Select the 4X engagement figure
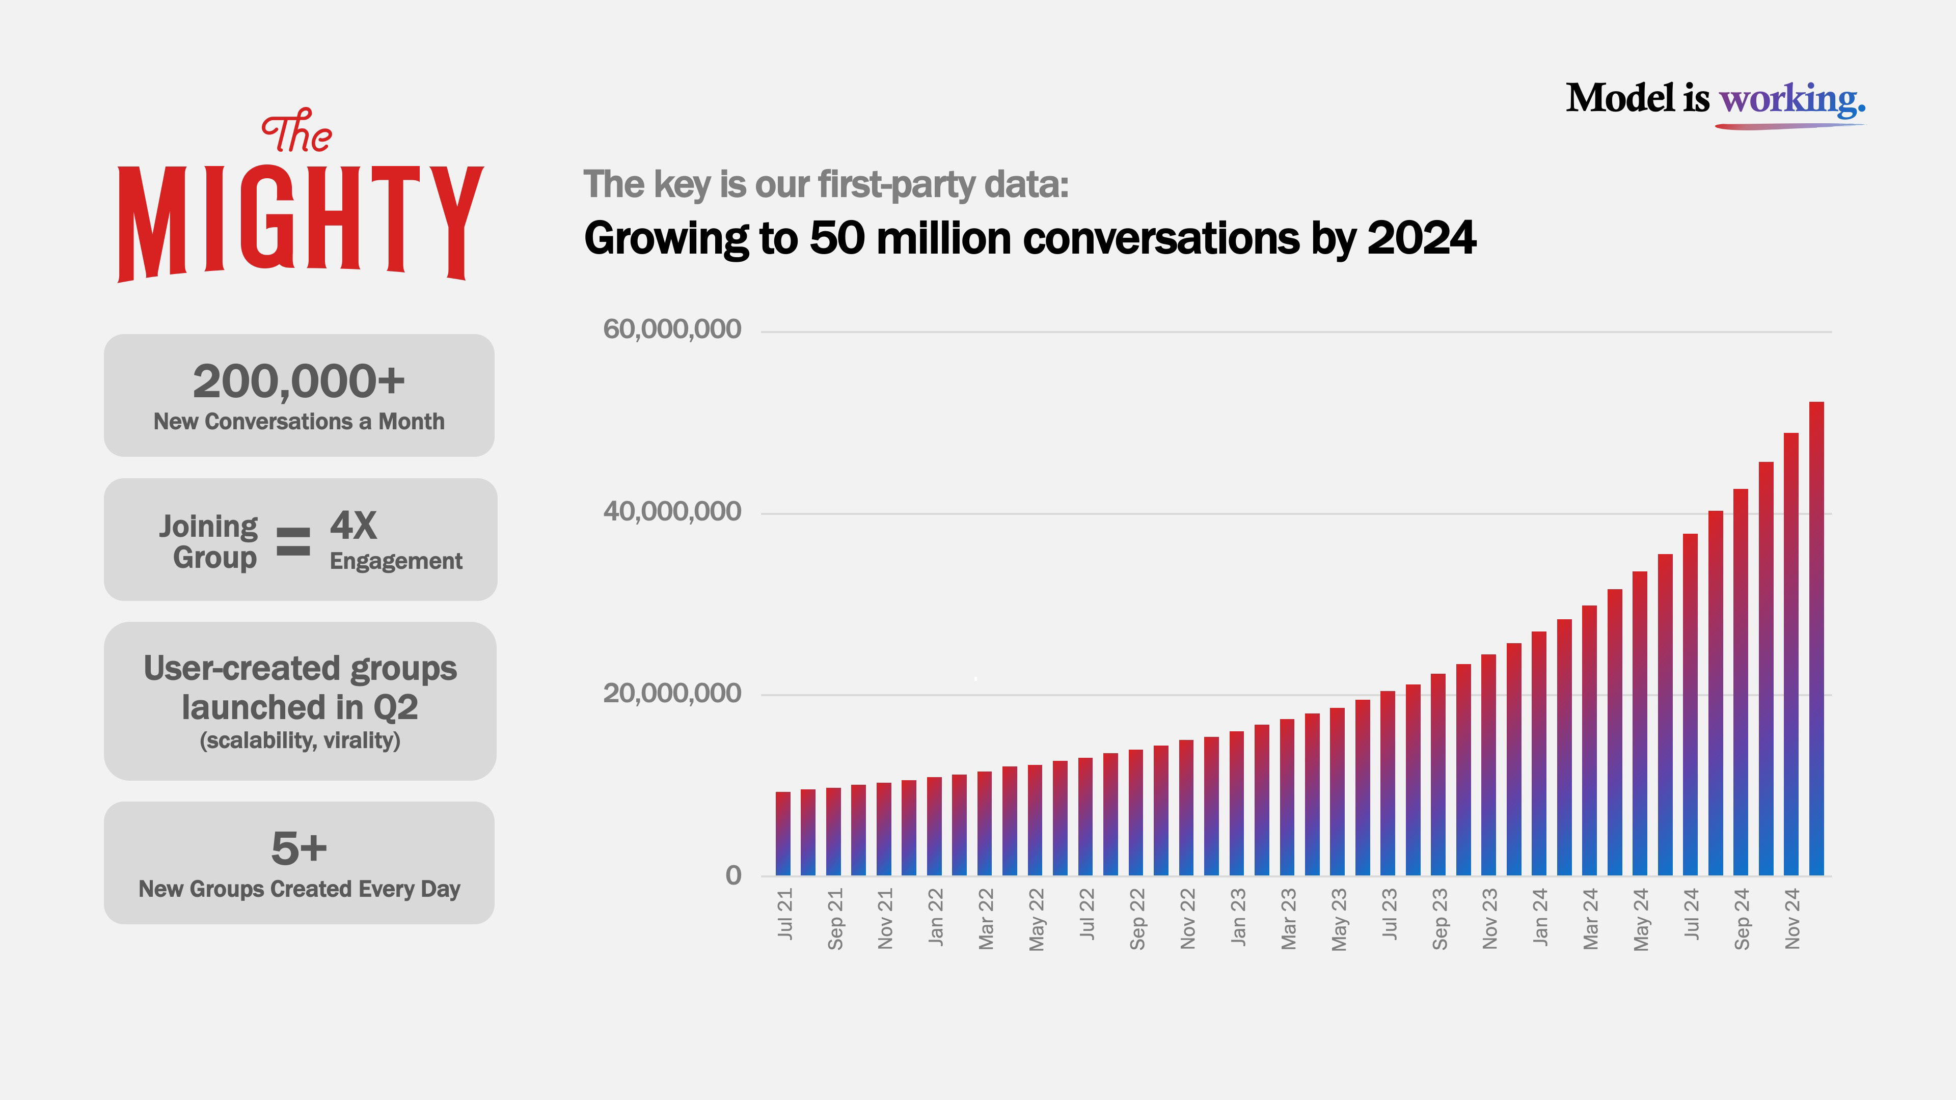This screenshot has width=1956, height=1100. (353, 526)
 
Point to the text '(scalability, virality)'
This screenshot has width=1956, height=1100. (300, 740)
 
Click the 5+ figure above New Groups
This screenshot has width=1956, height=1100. (298, 848)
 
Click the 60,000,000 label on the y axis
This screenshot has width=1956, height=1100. (671, 329)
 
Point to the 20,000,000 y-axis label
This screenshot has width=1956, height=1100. (671, 693)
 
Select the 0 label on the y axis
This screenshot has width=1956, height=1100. (733, 875)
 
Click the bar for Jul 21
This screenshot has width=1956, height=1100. (783, 835)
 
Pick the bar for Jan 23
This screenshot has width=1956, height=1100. (1237, 805)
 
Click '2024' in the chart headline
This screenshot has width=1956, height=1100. (1422, 238)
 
